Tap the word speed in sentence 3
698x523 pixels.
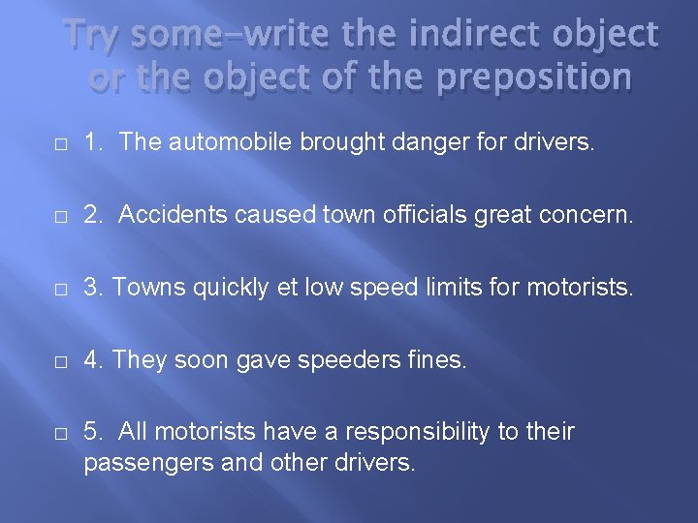pos(381,289)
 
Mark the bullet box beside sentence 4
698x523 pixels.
pos(60,361)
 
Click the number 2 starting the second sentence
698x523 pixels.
pos(91,214)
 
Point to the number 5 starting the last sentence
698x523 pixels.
pos(91,431)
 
